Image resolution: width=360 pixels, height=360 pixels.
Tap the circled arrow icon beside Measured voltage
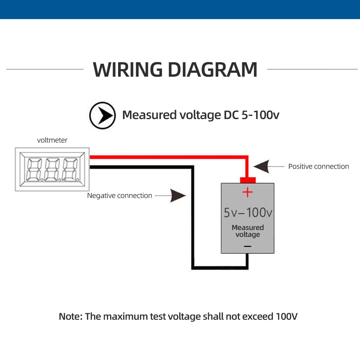click(103, 115)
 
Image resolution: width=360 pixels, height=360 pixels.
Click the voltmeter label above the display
click(52, 140)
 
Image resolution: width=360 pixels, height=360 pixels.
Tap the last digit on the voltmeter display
click(70, 168)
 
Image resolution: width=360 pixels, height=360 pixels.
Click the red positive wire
click(169, 157)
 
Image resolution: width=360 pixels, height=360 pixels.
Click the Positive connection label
click(319, 166)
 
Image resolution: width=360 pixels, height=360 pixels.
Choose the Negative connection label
click(120, 195)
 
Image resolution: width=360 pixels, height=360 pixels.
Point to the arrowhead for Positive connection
click(261, 166)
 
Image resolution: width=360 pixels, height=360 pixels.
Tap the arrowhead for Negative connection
click(178, 195)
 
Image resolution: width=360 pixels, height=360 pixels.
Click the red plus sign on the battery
click(247, 192)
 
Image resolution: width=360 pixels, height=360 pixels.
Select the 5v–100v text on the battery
click(248, 212)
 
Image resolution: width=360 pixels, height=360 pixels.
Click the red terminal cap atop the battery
click(247, 180)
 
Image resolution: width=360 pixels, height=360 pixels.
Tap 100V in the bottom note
click(287, 317)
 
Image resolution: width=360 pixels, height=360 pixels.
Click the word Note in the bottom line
click(71, 317)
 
